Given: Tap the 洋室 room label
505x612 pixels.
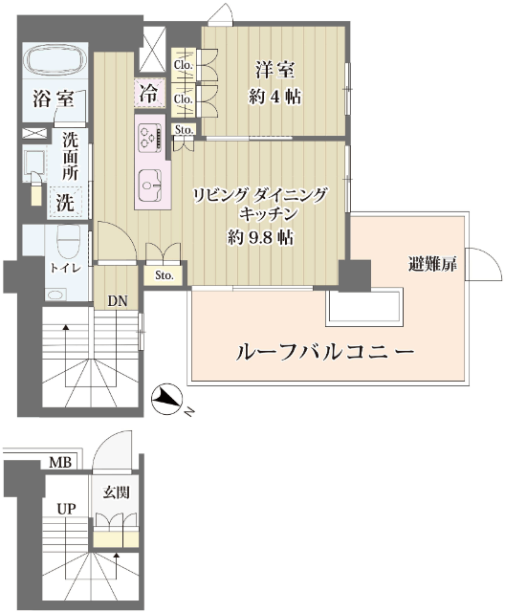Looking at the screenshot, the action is click(x=275, y=71).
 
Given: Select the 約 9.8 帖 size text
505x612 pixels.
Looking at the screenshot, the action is click(x=260, y=237).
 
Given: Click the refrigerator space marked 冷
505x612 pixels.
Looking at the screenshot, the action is click(x=149, y=94).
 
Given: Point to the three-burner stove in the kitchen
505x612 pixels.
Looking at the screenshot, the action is click(x=149, y=138).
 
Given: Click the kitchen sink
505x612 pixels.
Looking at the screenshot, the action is click(x=149, y=185).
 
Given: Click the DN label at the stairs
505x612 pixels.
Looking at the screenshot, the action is click(x=118, y=301).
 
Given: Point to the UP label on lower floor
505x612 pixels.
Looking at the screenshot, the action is click(x=66, y=509).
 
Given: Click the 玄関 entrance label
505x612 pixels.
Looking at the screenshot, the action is click(x=116, y=492).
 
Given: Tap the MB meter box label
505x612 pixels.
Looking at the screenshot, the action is click(x=60, y=463).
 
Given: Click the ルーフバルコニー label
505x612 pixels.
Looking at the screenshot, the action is click(x=324, y=353).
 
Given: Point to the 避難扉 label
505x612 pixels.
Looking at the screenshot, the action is click(x=432, y=265).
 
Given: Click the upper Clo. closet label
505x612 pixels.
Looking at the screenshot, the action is click(x=184, y=65).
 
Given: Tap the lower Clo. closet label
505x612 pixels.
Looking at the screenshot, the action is click(x=184, y=99).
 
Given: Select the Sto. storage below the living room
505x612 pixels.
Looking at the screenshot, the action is click(x=164, y=275).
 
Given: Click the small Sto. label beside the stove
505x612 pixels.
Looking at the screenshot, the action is click(x=185, y=129).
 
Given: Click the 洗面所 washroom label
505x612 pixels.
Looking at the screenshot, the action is click(x=71, y=157).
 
